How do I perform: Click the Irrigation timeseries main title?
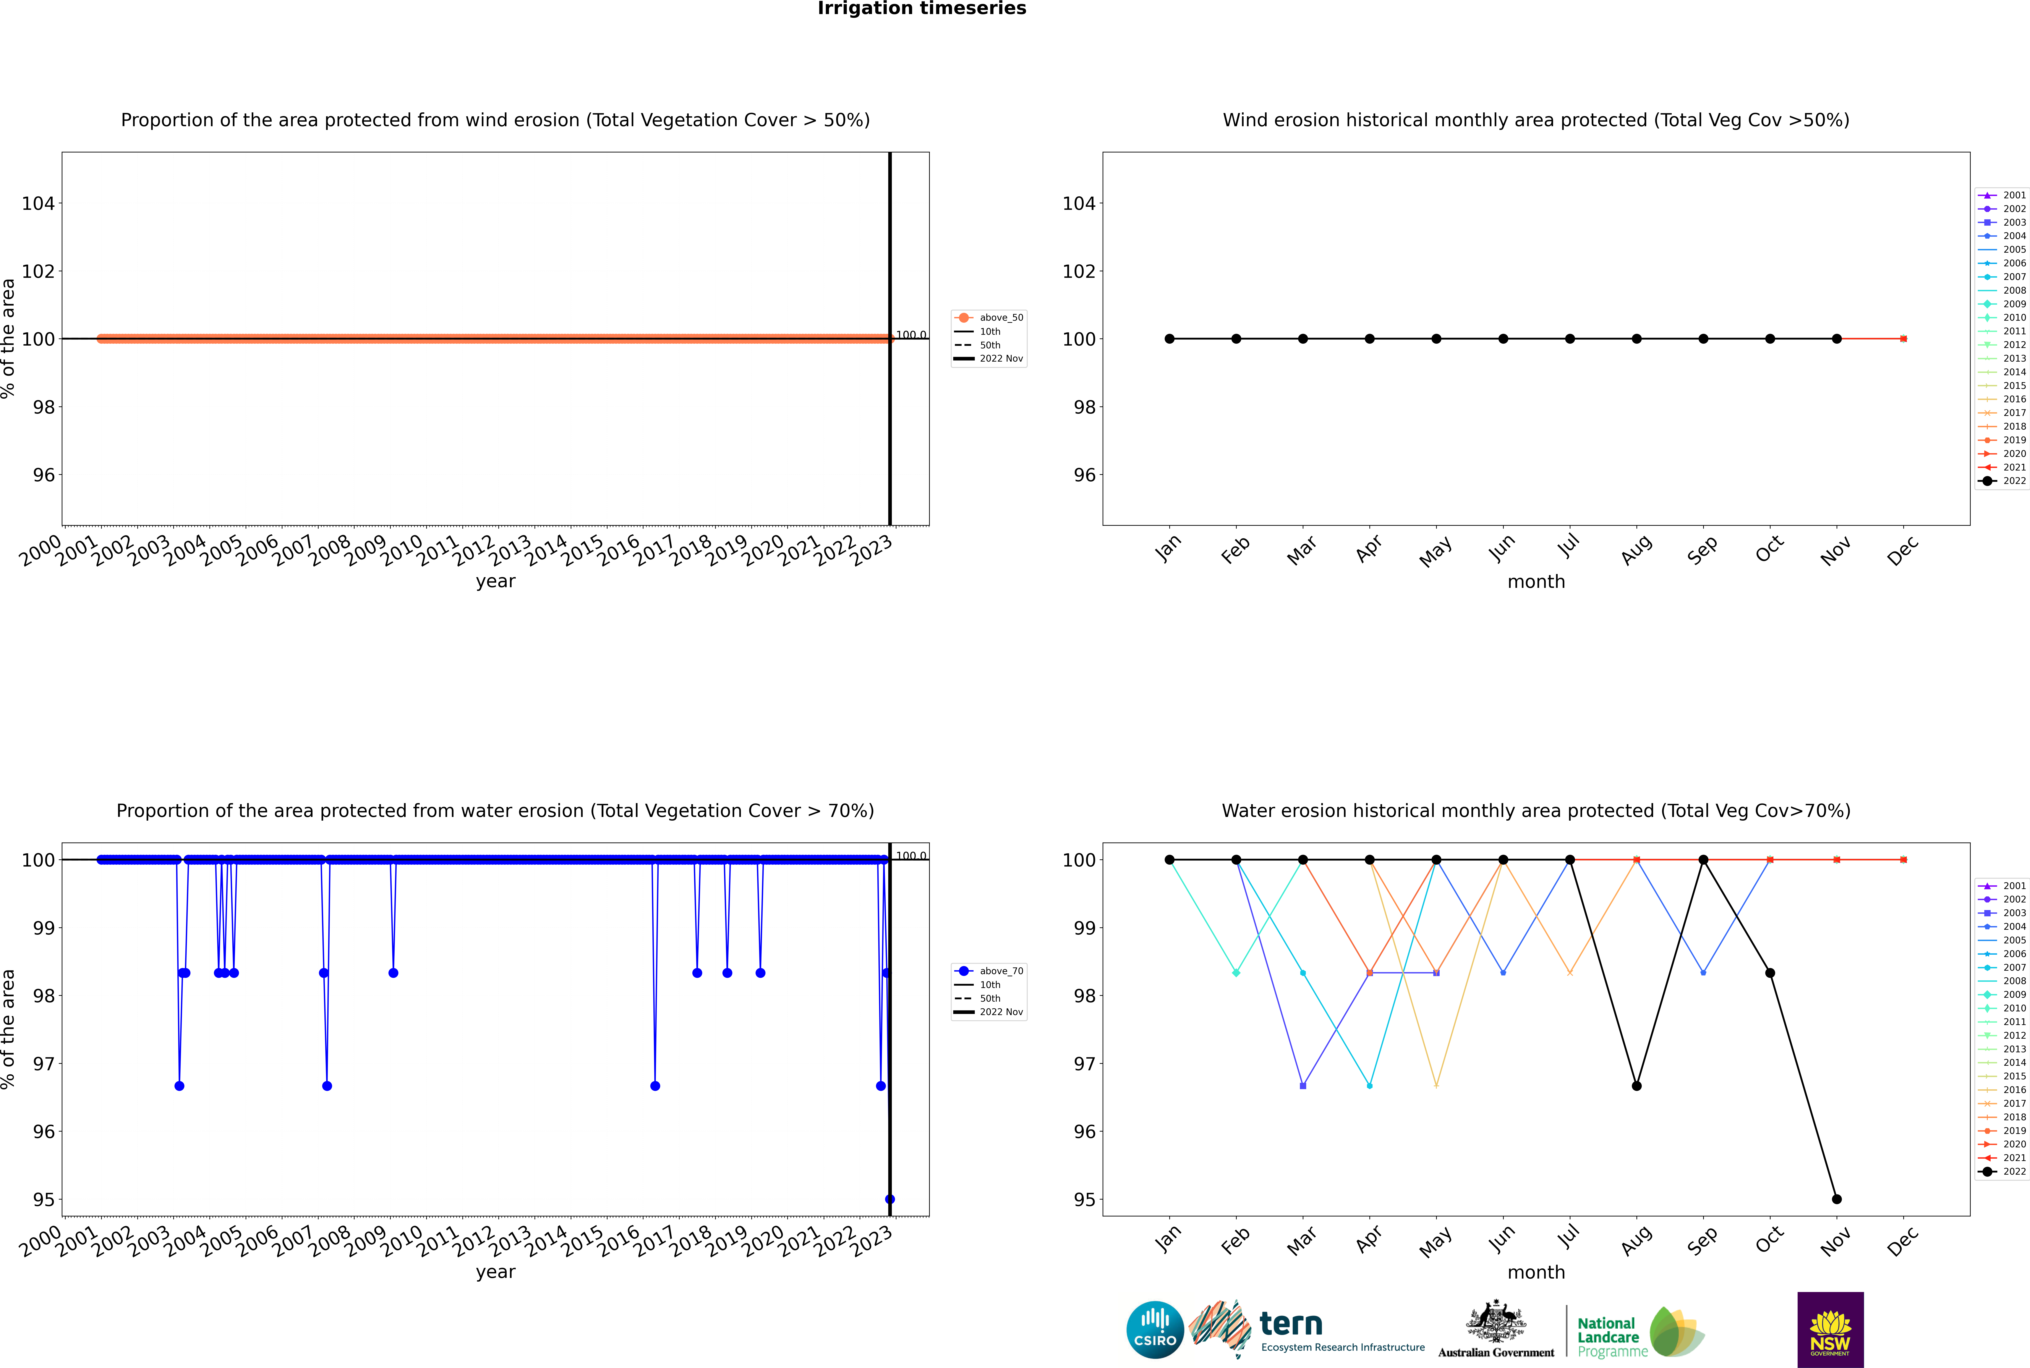(x=922, y=9)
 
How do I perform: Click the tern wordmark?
(x=1291, y=1324)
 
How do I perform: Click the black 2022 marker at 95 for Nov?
(x=1836, y=1199)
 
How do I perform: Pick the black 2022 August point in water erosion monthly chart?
(x=1636, y=1085)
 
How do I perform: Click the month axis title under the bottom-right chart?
(x=1536, y=1272)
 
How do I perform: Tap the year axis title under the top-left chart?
(x=496, y=581)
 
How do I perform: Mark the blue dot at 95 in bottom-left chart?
(x=889, y=1199)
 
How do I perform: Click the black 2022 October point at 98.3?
(x=1770, y=973)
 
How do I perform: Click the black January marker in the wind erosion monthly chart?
(x=1170, y=338)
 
